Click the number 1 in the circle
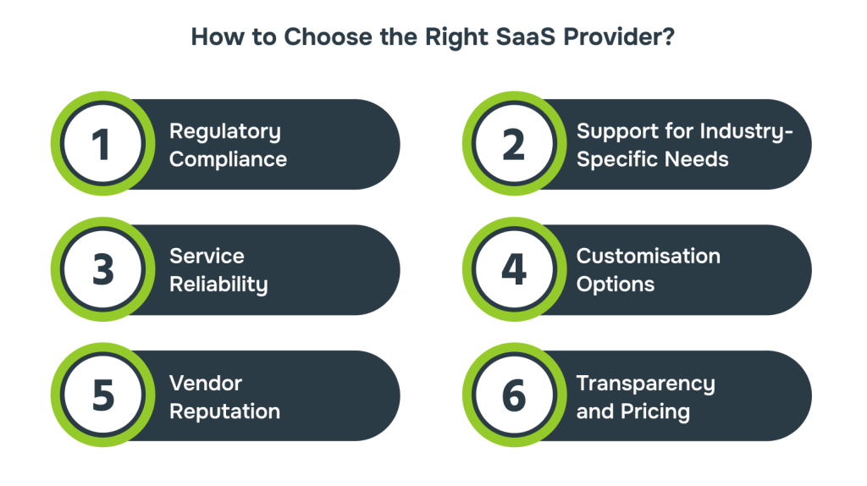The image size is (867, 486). click(102, 145)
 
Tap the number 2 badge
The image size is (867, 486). click(514, 144)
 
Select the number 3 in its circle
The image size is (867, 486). click(103, 270)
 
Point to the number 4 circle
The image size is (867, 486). click(514, 269)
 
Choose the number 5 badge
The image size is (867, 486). click(102, 395)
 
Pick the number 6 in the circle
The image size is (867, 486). click(514, 395)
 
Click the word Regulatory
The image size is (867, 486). click(225, 132)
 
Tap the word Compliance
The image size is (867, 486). click(229, 160)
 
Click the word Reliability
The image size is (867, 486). click(218, 284)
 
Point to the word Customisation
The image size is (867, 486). click(649, 256)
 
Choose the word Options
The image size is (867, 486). click(616, 284)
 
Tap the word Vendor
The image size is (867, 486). click(206, 384)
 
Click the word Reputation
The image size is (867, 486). click(224, 411)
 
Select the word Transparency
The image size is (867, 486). click(646, 384)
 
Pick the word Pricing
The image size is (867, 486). click(655, 411)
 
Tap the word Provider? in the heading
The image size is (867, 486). click(619, 37)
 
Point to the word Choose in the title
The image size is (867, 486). click(329, 37)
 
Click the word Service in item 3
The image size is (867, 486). click(207, 256)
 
